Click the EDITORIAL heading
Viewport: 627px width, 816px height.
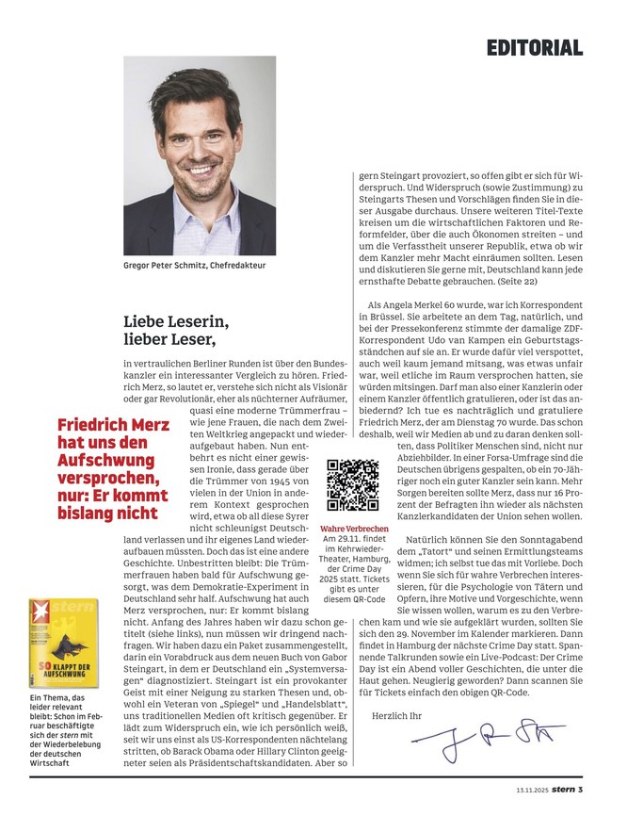[x=535, y=47]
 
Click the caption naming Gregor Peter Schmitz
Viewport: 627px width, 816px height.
[x=195, y=266]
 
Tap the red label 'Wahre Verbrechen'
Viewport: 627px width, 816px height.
[x=354, y=530]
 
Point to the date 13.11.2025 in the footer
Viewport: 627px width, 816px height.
[x=533, y=790]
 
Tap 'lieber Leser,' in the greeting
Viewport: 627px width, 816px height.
[x=169, y=339]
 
